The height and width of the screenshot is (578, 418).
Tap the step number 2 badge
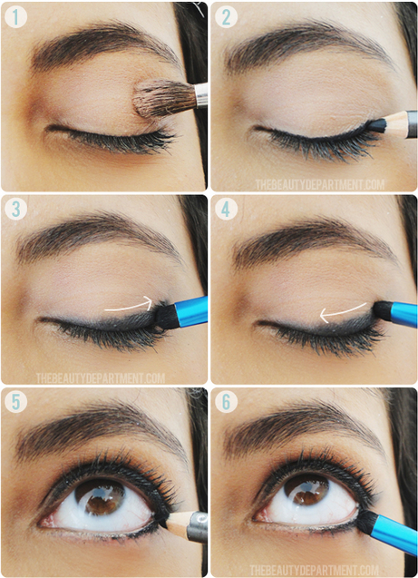[x=226, y=15]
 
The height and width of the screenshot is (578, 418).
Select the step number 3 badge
[x=15, y=209]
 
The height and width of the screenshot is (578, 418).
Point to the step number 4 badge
[x=226, y=209]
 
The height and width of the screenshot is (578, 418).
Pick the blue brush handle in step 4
[x=402, y=314]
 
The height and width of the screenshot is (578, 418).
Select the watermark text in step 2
[x=319, y=184]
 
